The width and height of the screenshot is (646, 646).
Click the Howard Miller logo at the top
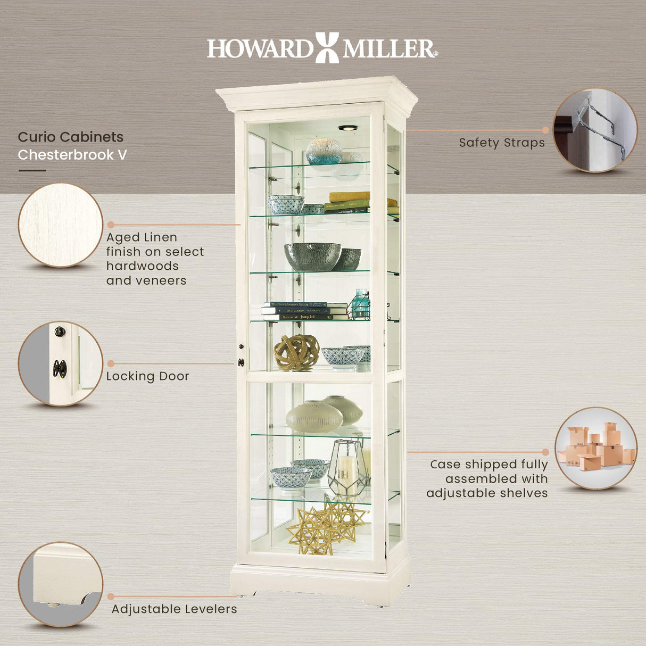point(322,48)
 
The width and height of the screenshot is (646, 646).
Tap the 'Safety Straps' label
point(501,143)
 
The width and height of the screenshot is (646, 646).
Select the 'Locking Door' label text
point(147,376)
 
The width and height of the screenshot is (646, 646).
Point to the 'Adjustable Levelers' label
point(174,609)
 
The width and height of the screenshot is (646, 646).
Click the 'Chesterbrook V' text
point(72,155)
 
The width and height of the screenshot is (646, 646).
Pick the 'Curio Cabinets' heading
point(70,137)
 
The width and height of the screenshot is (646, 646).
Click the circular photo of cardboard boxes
point(595,448)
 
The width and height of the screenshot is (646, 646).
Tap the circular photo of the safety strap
point(594,130)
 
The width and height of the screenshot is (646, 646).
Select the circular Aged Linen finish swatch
point(60,225)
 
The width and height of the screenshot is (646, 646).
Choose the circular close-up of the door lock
point(60,363)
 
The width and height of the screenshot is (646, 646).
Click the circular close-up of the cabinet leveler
point(60,584)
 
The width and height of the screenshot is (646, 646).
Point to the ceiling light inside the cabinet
point(347,128)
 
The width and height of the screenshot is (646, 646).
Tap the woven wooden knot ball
point(296,352)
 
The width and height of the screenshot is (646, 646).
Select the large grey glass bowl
point(312,256)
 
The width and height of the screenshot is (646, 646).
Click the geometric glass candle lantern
point(347,468)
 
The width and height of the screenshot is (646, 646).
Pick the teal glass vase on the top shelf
point(324,151)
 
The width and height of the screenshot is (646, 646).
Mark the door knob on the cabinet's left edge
point(241,362)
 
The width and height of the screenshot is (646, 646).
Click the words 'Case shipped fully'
point(488,465)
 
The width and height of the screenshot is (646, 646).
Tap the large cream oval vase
point(314,417)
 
